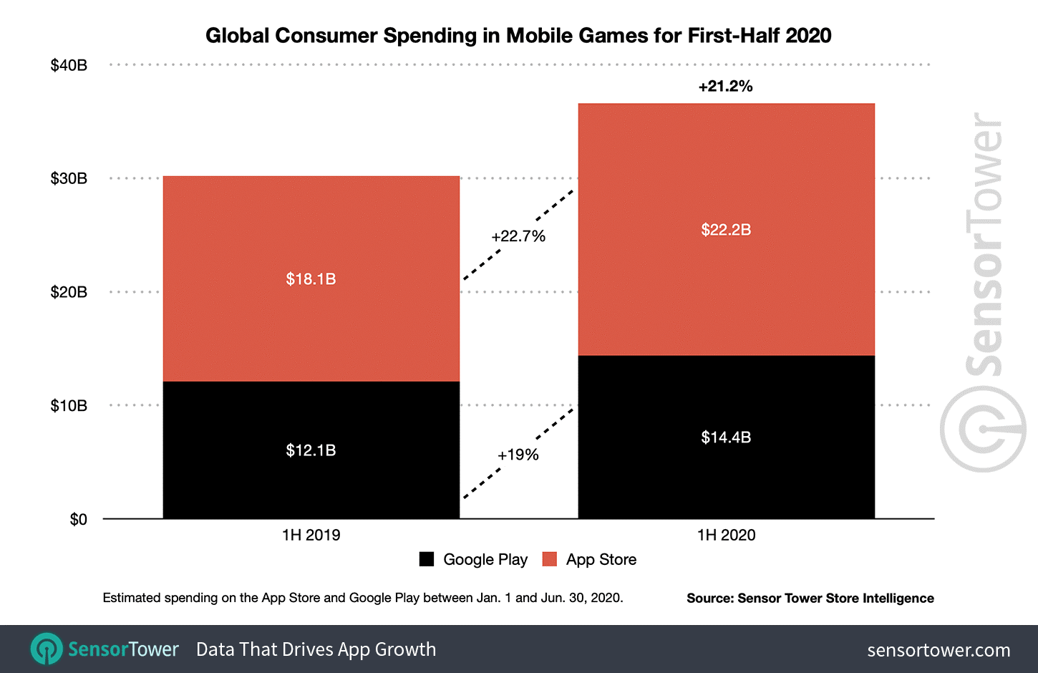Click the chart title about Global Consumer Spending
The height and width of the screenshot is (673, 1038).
[x=518, y=36]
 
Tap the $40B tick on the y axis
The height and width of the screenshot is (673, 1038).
[x=69, y=65]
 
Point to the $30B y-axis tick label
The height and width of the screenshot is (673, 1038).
[x=69, y=178]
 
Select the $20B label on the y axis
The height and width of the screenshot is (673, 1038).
[x=69, y=292]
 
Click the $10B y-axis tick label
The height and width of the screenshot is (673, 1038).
[x=69, y=406]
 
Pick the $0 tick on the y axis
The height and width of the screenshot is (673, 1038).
[x=78, y=519]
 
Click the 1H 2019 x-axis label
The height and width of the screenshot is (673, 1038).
[x=311, y=535]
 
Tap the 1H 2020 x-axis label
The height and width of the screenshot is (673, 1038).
[x=726, y=535]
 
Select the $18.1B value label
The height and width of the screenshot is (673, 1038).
[x=311, y=279]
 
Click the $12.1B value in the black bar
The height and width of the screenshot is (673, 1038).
[x=311, y=450]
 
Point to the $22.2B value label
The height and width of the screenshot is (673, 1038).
[x=726, y=230]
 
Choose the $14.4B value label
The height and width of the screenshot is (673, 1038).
[x=726, y=437]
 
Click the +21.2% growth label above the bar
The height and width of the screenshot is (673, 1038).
[x=725, y=87]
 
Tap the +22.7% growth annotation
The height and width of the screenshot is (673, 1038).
[x=518, y=236]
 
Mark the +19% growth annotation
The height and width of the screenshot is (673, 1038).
[x=518, y=455]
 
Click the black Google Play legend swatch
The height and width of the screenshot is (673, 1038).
[x=427, y=559]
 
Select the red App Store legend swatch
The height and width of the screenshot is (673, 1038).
[x=550, y=559]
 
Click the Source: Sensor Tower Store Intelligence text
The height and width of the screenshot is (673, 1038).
[x=810, y=598]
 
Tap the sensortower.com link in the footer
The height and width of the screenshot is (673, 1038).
[x=938, y=650]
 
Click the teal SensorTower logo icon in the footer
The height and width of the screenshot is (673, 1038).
[x=47, y=649]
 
